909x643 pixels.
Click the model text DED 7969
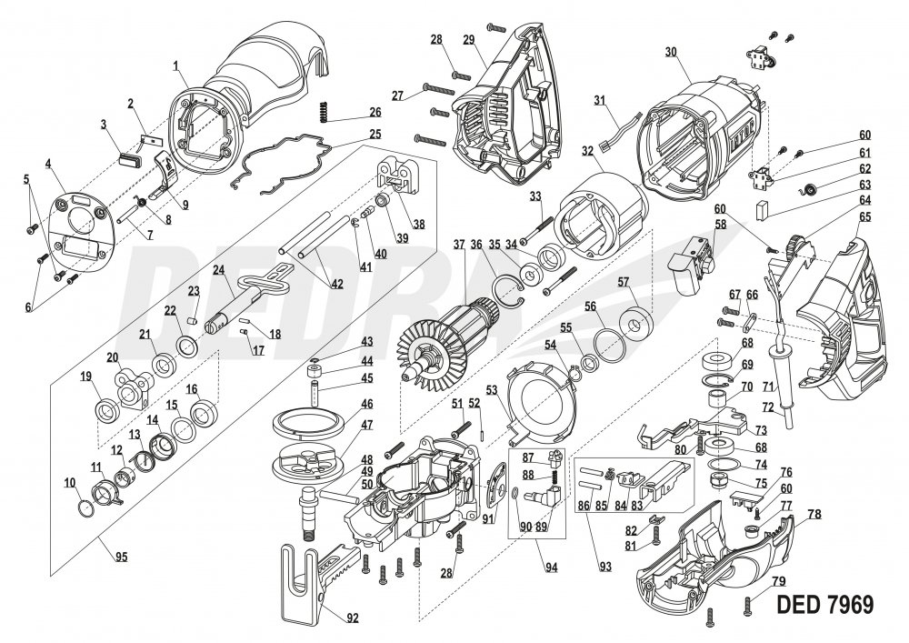[x=825, y=604]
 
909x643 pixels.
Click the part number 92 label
[x=352, y=618]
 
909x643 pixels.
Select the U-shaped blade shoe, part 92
[x=300, y=581]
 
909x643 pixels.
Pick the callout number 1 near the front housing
[x=175, y=65]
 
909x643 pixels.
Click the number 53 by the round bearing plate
[x=492, y=389]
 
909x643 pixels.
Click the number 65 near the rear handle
[x=864, y=217]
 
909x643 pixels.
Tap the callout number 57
[x=624, y=283]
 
